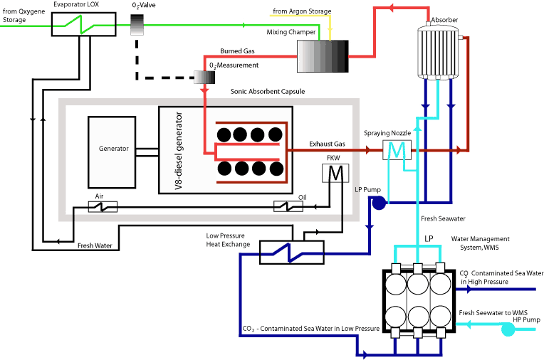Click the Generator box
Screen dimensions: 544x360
pos(112,152)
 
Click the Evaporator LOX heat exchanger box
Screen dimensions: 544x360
pos(83,24)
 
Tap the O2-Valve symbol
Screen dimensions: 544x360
pos(137,25)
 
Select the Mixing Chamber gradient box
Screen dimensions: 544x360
pos(323,56)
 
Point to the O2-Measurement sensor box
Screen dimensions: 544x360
pos(204,77)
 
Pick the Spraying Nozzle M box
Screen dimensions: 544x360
pos(397,150)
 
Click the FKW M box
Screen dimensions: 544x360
pos(335,173)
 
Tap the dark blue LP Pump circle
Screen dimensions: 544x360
pos(379,203)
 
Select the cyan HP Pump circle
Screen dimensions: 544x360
pos(508,329)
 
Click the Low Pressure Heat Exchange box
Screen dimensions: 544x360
pos(292,252)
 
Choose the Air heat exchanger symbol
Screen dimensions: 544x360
pos(103,207)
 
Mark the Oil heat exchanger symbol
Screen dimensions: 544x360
pos(288,206)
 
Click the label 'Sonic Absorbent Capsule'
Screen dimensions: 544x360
pos(268,92)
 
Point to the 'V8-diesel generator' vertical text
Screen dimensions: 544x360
pos(178,151)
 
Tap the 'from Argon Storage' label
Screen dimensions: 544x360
pos(302,11)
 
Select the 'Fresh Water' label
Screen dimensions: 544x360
pos(95,245)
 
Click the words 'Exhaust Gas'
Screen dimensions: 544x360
pos(327,144)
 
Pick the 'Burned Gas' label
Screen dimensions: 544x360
pos(237,51)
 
